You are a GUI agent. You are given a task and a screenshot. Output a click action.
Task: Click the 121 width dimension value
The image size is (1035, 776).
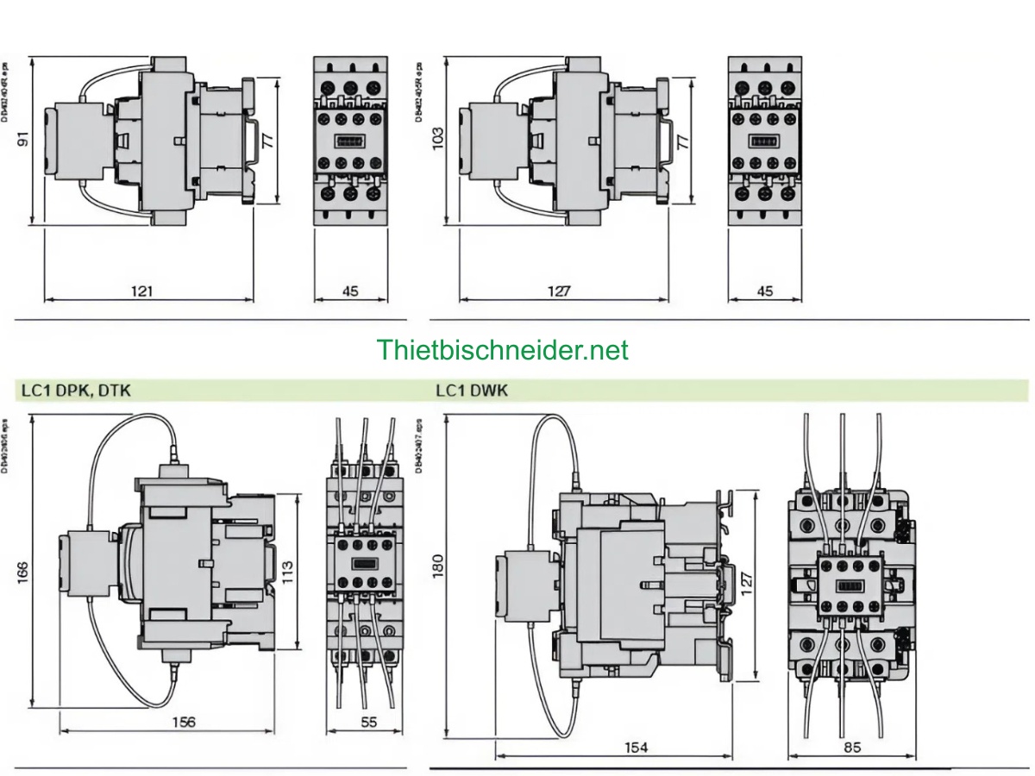click(x=141, y=291)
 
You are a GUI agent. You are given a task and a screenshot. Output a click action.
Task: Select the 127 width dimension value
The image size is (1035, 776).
click(x=558, y=291)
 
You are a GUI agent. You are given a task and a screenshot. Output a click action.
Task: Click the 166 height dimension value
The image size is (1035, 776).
click(x=22, y=573)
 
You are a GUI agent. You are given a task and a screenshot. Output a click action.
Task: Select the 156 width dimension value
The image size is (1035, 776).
click(x=184, y=722)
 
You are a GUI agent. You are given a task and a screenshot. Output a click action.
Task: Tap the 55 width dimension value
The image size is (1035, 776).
click(x=368, y=722)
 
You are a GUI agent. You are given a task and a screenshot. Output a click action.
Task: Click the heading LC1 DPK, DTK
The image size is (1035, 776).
click(x=75, y=391)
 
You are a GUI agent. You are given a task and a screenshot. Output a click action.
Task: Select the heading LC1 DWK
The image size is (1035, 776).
click(x=472, y=391)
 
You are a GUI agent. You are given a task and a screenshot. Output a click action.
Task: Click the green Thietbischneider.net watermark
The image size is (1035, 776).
click(x=502, y=350)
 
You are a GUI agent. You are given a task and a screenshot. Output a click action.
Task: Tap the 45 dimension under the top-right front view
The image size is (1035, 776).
click(x=764, y=291)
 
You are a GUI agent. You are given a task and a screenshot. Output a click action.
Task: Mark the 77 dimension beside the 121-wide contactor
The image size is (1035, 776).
click(x=268, y=142)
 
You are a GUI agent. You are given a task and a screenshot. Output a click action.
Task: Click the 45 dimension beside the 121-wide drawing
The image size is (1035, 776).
click(x=349, y=291)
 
